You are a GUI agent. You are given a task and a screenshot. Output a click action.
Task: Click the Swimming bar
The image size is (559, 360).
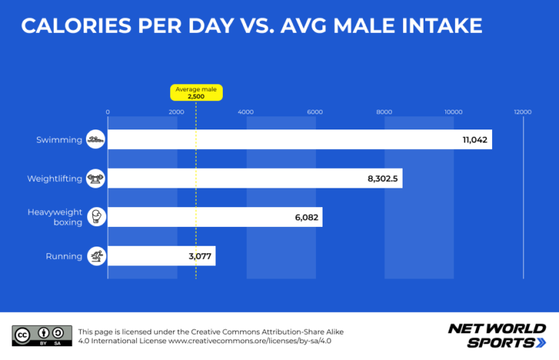coord(300,139)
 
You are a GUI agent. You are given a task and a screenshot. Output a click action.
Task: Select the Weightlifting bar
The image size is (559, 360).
coord(255,178)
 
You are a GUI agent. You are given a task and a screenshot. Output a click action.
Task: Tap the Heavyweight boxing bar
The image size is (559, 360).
coord(215,217)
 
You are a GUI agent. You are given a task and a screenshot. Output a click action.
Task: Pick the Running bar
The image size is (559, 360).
coord(162,256)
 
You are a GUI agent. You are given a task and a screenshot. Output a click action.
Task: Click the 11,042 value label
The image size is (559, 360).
coord(475,140)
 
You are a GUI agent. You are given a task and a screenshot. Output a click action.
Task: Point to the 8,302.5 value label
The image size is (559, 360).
coord(383,179)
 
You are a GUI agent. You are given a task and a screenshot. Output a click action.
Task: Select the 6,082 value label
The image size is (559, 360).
coord(306,217)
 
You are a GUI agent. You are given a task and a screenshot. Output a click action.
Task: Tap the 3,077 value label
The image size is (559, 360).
coord(200,257)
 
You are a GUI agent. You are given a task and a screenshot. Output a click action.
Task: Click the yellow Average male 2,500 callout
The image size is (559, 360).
coord(197,92)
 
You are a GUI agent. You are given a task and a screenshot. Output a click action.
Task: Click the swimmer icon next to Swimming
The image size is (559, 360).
coord(95,139)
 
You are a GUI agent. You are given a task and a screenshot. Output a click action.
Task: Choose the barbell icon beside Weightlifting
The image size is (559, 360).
coord(95,178)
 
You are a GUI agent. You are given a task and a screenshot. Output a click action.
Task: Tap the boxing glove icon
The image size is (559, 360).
coord(97,217)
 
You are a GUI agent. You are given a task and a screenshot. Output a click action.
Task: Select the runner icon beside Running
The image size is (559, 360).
coord(97,256)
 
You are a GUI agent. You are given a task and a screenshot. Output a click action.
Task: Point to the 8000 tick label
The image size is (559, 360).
coord(384,112)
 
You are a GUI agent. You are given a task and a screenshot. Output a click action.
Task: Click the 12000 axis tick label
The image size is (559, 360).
coord(523,112)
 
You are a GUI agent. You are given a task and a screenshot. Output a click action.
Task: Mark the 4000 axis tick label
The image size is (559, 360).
coord(245,112)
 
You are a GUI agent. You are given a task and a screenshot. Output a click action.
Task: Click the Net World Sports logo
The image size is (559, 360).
coord(497,335)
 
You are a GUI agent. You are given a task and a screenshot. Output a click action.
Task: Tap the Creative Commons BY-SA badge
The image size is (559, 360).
coord(42,335)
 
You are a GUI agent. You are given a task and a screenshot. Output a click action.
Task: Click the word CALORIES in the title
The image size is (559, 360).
coord(76,25)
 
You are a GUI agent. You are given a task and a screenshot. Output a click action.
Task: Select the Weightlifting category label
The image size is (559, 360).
coord(55,179)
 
